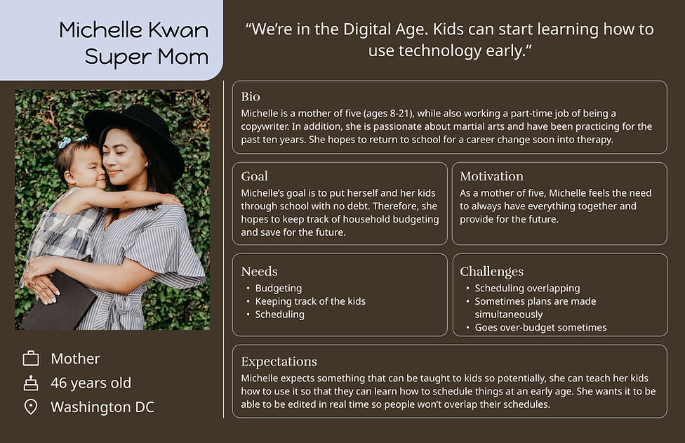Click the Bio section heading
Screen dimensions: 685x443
click(x=251, y=96)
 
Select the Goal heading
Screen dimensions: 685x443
click(x=254, y=176)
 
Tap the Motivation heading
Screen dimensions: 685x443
click(x=491, y=176)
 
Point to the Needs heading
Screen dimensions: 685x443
click(x=259, y=271)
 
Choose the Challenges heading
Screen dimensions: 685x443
click(x=491, y=272)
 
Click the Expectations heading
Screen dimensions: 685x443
click(x=279, y=362)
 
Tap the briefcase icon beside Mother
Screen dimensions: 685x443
click(x=31, y=358)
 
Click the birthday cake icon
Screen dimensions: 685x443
click(x=31, y=383)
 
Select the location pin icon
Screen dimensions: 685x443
click(x=31, y=406)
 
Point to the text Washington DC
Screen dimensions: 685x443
click(x=102, y=407)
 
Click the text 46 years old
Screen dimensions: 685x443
click(x=91, y=383)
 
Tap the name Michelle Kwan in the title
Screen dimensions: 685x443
click(x=133, y=30)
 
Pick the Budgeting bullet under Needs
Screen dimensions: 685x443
click(x=278, y=289)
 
